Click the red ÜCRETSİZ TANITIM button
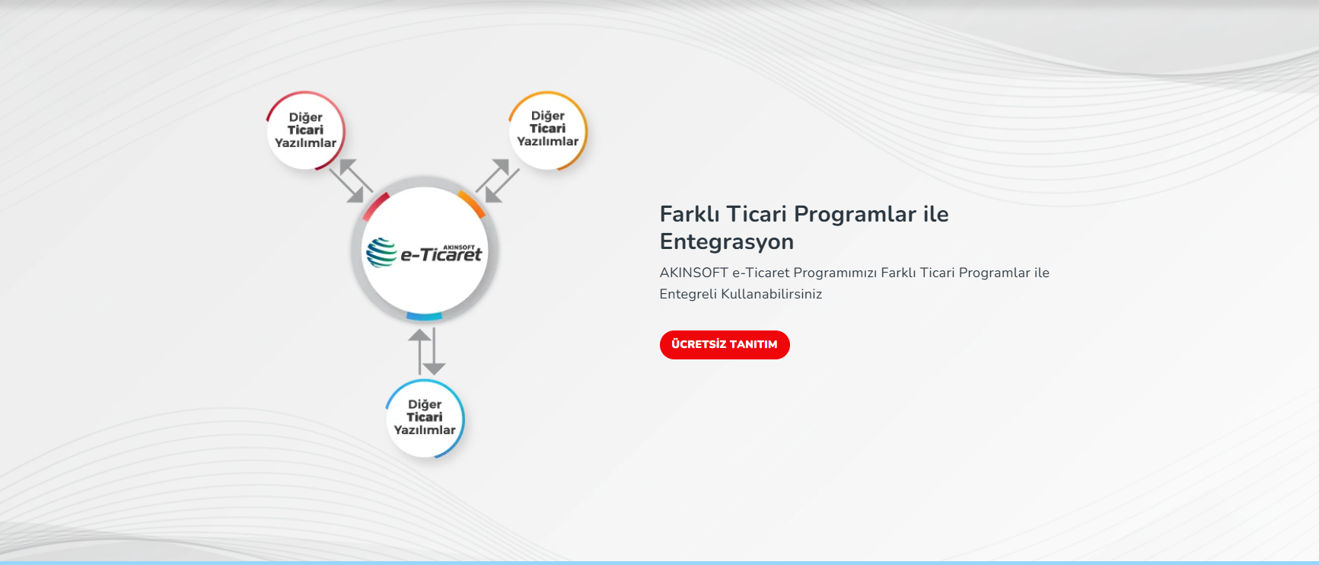point(725,345)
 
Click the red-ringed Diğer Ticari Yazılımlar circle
point(305,130)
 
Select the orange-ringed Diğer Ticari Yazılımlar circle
point(548,130)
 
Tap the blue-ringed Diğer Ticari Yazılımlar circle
point(425,419)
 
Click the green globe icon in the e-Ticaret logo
point(381,253)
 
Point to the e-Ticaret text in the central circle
point(441,255)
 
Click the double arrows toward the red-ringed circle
point(351,180)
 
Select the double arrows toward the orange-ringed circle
point(498,180)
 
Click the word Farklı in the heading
point(690,214)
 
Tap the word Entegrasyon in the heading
point(727,242)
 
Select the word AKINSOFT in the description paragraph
point(694,273)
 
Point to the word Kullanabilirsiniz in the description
point(772,294)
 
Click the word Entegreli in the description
point(688,295)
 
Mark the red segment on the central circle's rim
point(375,206)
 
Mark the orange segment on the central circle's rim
point(473,203)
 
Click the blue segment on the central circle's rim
point(424,316)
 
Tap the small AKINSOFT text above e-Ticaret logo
point(459,247)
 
